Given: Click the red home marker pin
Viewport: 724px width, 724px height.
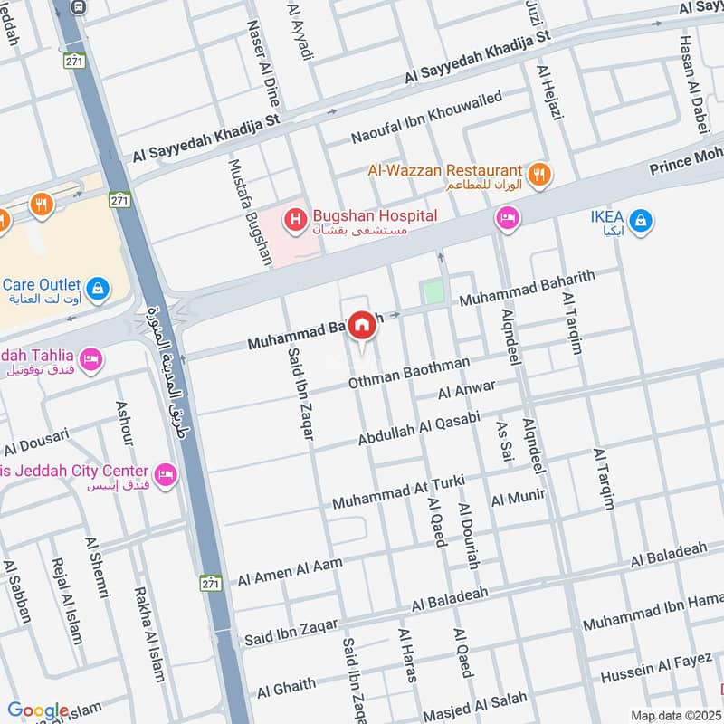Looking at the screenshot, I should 362,326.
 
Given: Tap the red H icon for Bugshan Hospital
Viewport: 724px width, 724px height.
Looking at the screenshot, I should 294,219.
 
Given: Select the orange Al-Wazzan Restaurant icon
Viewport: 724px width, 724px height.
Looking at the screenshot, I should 539,174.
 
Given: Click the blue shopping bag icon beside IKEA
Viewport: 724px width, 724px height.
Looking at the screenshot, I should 640,220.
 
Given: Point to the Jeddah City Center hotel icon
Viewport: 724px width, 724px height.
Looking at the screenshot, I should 165,473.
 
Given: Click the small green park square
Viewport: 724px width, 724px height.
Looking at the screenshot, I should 433,293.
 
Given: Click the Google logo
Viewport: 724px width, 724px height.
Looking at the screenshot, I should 37,710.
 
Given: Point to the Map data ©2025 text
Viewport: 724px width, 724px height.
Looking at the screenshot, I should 674,715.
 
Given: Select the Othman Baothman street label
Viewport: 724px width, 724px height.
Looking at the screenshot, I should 409,374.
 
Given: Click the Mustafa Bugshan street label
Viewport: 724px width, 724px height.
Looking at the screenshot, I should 250,213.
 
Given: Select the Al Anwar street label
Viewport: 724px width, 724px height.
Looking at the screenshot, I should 466,391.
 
